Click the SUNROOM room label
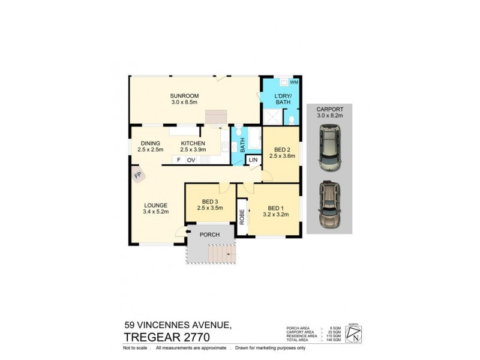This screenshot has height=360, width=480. point(184,96)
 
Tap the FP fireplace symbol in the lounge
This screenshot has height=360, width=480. point(137,175)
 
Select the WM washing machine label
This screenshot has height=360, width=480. point(293,82)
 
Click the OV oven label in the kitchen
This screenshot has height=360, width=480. point(191,160)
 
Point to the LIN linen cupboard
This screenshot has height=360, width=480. point(253,160)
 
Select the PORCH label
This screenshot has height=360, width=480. point(209,235)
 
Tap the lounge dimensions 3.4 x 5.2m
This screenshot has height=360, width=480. point(155,212)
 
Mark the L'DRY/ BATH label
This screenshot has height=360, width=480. point(283,98)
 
